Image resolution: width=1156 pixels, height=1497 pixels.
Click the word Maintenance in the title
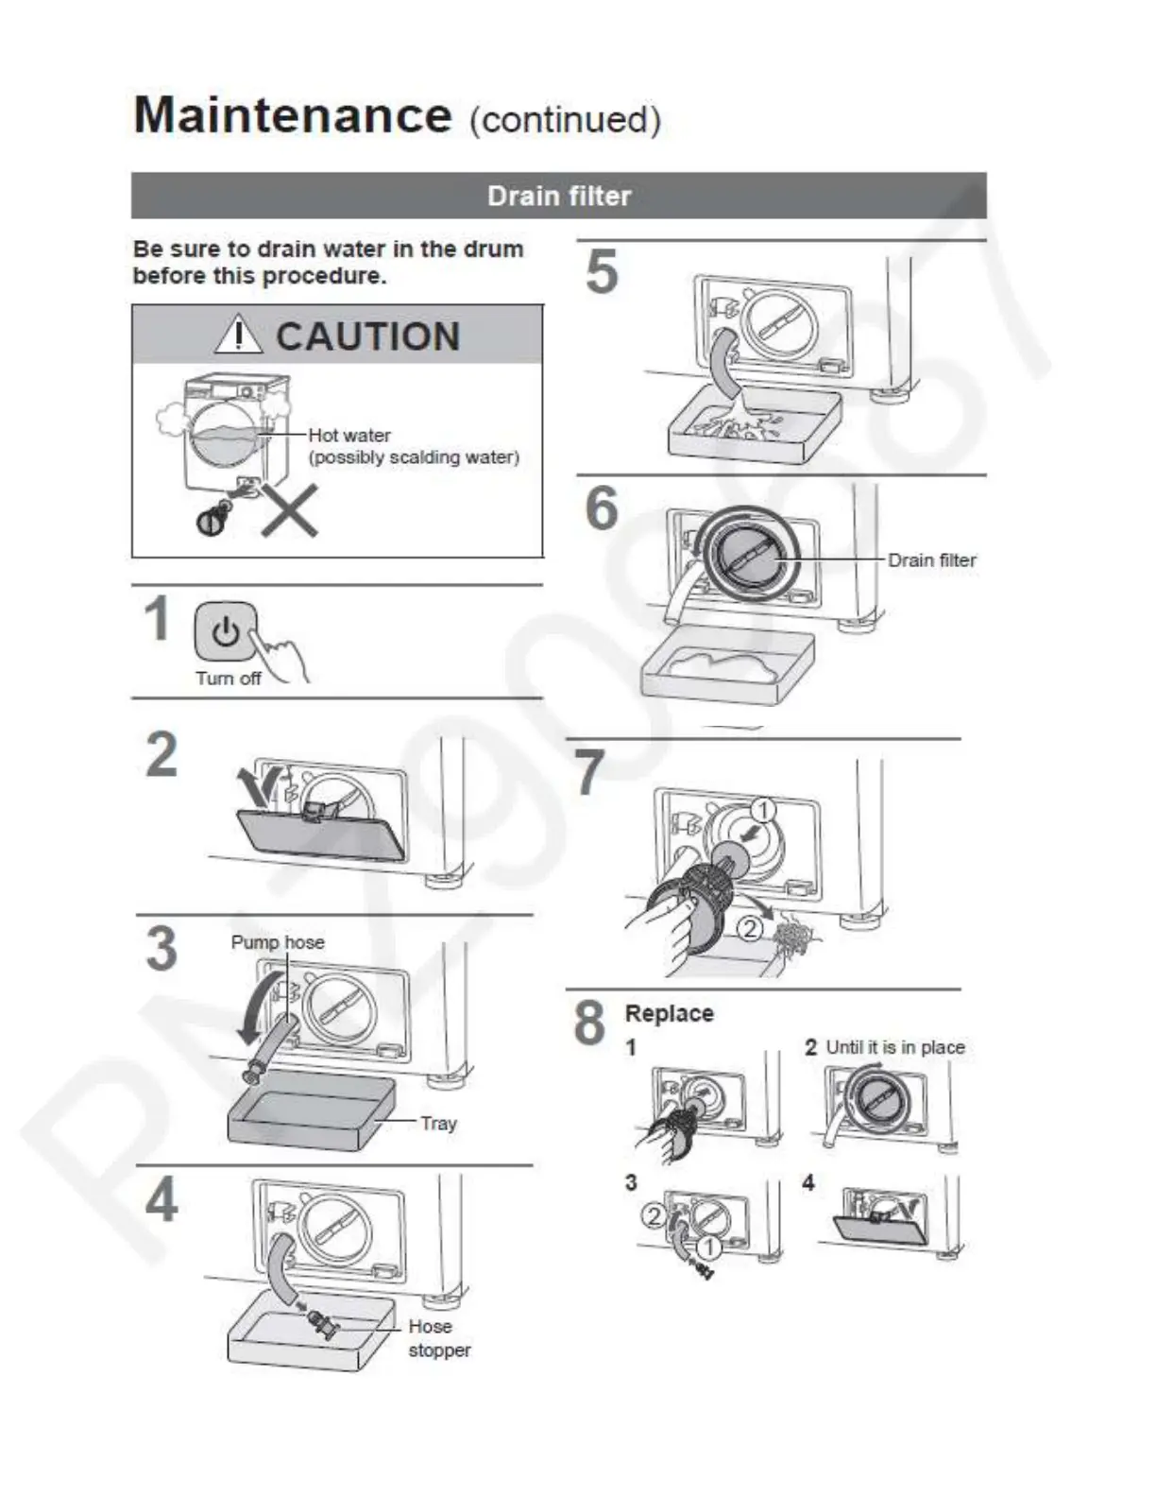click(x=293, y=115)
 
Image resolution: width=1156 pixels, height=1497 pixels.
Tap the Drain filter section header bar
click(x=558, y=196)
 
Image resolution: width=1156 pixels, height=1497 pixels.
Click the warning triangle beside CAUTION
click(x=237, y=335)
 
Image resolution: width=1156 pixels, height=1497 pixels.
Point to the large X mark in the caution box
click(x=289, y=510)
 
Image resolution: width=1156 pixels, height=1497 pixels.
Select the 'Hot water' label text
click(x=349, y=435)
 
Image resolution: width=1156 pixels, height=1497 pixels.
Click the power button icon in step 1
click(x=225, y=630)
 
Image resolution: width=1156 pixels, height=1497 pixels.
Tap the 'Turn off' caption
click(x=228, y=679)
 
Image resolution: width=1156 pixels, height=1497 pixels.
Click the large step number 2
click(x=161, y=754)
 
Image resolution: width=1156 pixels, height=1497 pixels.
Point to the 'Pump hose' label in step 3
click(x=278, y=942)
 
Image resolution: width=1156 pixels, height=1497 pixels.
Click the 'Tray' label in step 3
click(x=438, y=1123)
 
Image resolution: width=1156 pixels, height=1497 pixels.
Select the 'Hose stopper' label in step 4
click(x=437, y=1338)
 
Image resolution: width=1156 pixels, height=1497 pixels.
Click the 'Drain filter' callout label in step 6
click(x=931, y=560)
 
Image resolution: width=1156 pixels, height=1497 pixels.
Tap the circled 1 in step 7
click(x=762, y=810)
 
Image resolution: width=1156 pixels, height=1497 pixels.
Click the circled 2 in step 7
click(x=748, y=928)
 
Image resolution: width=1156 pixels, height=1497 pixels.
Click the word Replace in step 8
click(x=669, y=1013)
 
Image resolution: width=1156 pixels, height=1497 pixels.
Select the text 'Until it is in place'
click(x=894, y=1047)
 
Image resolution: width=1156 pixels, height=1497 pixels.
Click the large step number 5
click(x=602, y=272)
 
